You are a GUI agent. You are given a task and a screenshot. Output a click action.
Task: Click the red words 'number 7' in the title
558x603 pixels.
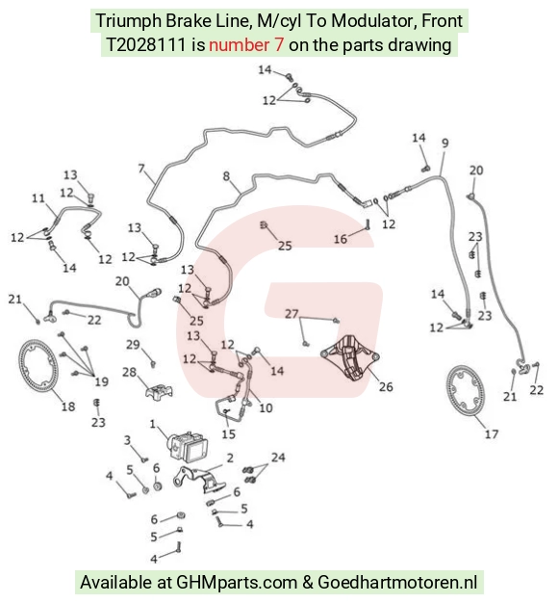[246, 45]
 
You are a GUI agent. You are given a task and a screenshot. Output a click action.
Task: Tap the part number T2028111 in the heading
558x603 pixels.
[146, 45]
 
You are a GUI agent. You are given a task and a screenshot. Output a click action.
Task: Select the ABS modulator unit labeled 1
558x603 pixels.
[187, 445]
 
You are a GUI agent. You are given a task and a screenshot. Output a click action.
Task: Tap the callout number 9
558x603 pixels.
[445, 144]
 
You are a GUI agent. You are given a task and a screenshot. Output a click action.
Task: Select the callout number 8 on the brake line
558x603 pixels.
[227, 176]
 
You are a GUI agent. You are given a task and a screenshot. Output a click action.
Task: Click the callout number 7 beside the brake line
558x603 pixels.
[141, 169]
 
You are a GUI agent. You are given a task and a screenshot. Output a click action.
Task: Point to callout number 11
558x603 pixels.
[38, 198]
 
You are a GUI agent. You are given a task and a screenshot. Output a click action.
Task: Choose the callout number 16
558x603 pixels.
[341, 239]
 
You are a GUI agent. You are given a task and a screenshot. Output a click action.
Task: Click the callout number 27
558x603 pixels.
[292, 314]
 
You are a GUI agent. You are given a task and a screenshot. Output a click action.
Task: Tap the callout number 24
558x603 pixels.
[278, 458]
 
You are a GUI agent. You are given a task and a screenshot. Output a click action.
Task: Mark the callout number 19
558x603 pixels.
[101, 381]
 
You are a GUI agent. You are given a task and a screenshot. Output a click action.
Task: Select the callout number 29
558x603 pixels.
[133, 345]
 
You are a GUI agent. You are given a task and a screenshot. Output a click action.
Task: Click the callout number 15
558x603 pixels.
[229, 433]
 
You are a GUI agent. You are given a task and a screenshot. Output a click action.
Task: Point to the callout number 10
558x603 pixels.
[266, 407]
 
